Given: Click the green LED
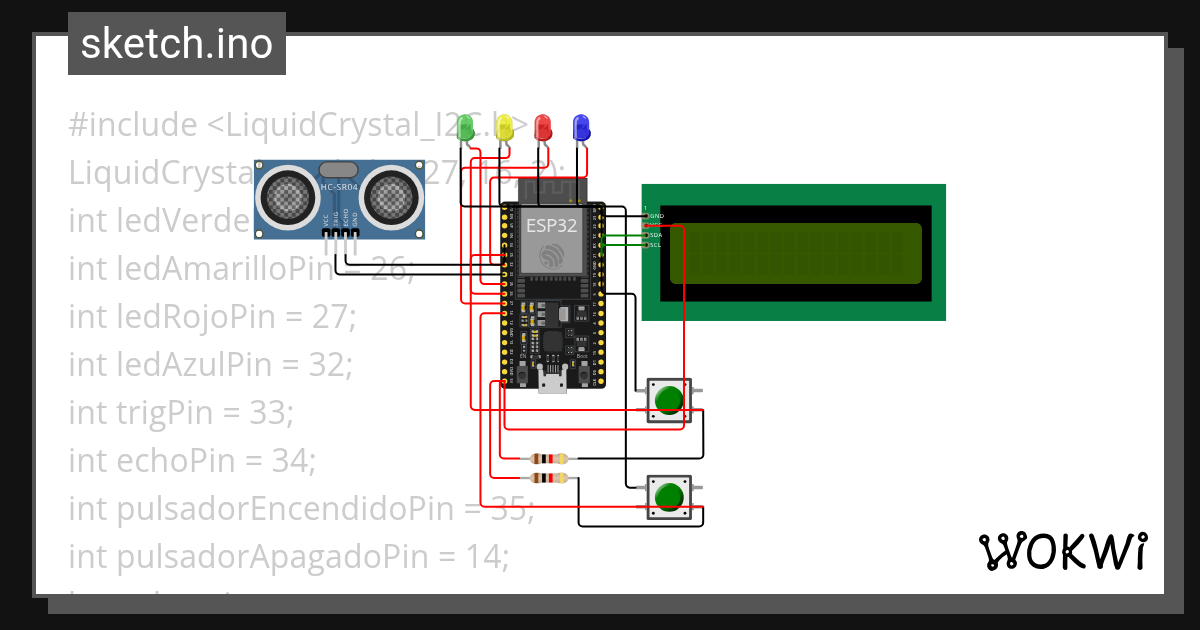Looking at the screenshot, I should click(465, 127).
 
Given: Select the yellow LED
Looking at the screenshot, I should click(504, 127).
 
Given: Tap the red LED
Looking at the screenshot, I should click(543, 127).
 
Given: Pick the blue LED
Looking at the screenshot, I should click(581, 127).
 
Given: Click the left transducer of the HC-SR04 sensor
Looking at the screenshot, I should click(289, 197).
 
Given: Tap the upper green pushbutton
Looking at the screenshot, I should click(668, 400).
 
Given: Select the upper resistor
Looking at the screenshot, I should click(549, 459).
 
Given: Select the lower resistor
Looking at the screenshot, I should click(549, 478).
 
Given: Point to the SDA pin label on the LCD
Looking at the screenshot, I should click(656, 235).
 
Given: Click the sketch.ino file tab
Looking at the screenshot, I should click(177, 44).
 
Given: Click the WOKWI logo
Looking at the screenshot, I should click(1062, 551).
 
